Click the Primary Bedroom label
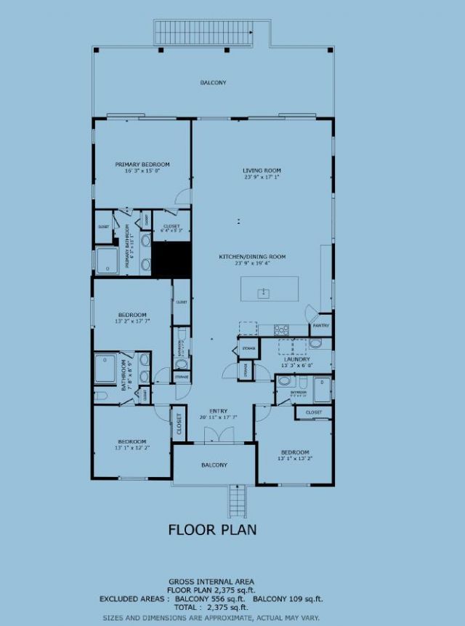pos(142,164)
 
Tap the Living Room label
pos(261,170)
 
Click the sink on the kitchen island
pos(264,293)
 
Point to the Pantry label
pos(321,326)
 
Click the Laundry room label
pos(297,359)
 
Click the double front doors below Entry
pos(214,436)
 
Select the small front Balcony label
pos(214,465)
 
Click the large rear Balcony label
pos(213,83)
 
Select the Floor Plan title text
pos(212,529)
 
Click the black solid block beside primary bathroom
pos(171,259)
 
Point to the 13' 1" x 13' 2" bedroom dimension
pos(295,459)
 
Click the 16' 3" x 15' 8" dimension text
pos(142,171)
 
